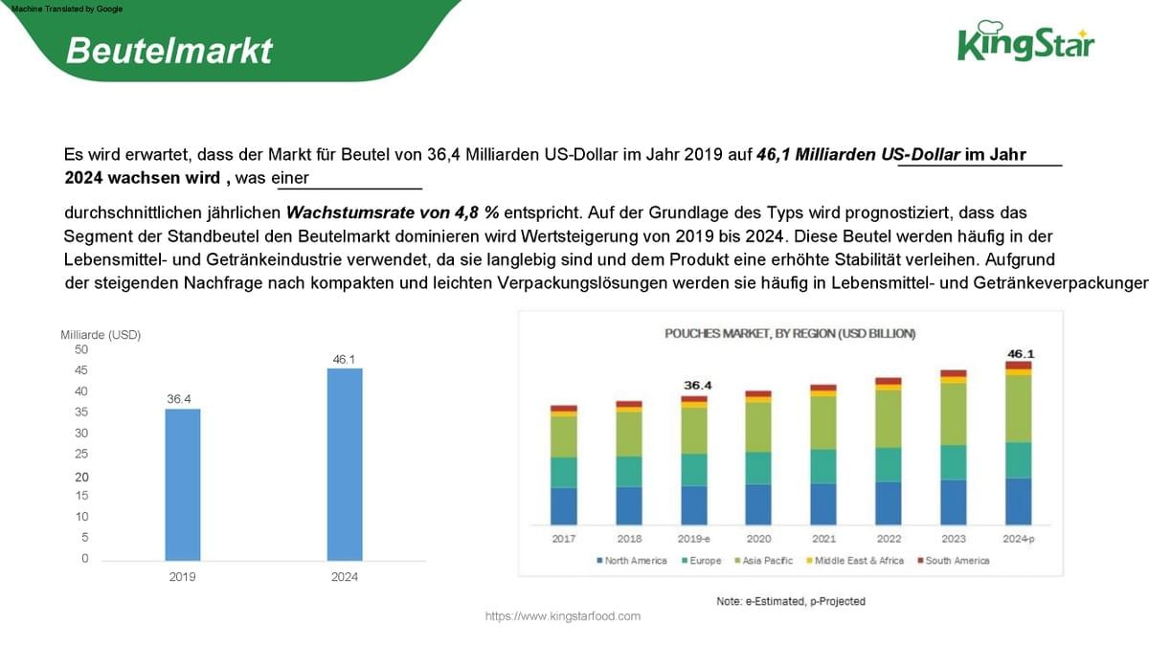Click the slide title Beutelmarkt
(x=169, y=50)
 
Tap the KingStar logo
(x=1025, y=42)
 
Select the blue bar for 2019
(x=183, y=484)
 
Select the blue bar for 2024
(x=345, y=464)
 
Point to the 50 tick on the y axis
(x=81, y=350)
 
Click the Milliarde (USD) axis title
(x=101, y=335)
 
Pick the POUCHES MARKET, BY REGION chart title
(x=790, y=334)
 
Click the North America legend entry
(x=631, y=561)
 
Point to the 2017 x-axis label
(x=564, y=539)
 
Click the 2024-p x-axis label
(x=1019, y=539)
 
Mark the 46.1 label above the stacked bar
(x=1020, y=354)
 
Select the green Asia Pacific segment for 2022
(x=889, y=419)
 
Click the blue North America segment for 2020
(x=758, y=504)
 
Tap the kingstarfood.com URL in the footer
(x=562, y=616)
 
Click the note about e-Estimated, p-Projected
(x=791, y=601)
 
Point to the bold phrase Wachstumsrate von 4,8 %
(x=393, y=212)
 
